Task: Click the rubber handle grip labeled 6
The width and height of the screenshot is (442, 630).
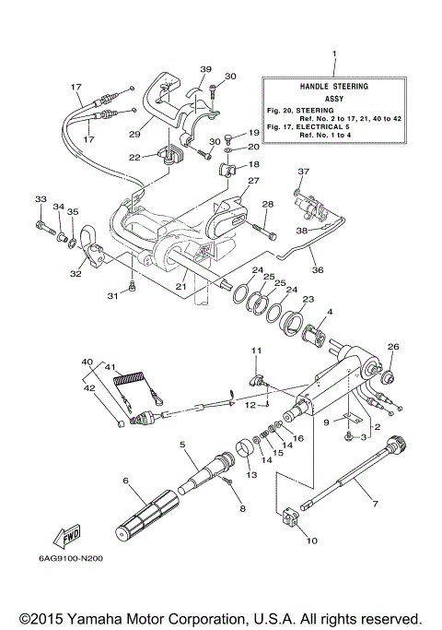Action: pos(148,516)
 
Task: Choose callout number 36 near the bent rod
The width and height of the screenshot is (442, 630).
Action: pos(318,270)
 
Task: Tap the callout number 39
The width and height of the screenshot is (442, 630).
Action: pos(205,69)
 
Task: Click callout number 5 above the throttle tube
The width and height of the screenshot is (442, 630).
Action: pos(182,445)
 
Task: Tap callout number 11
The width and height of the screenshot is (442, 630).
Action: pos(258,351)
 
